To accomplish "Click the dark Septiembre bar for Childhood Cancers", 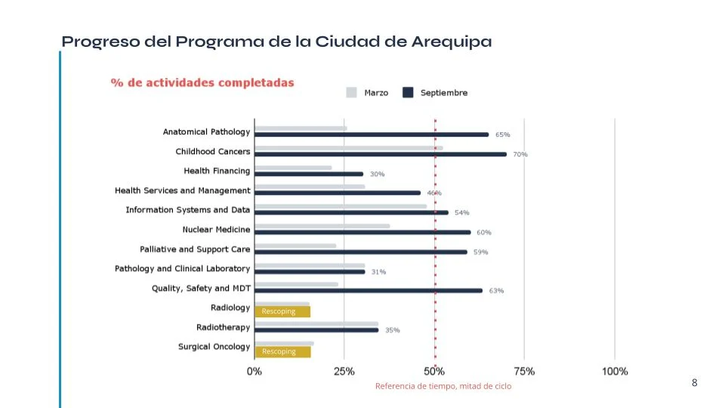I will coord(381,154).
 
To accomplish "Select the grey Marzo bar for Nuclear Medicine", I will coord(322,226).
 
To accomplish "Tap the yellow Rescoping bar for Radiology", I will coord(282,311).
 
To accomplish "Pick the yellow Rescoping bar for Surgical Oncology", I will coord(282,351).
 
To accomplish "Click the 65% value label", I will coord(502,134).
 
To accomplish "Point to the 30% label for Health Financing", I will coord(377,174).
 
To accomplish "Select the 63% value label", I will coord(496,290).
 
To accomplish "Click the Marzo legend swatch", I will coord(351,93).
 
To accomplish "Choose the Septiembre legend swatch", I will coord(408,93).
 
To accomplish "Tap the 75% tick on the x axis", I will coord(524,371).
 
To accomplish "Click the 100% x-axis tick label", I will coord(615,371).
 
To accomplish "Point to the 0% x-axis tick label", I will coord(255,371).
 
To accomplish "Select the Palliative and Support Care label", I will coord(195,249).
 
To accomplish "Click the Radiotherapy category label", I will coord(223,327).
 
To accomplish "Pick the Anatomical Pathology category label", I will coord(206,131).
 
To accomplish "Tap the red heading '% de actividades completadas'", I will coord(202,82).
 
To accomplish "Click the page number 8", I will coord(695,383).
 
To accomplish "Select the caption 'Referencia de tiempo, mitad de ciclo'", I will coord(443,386).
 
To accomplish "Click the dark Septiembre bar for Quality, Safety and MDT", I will coord(369,290).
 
